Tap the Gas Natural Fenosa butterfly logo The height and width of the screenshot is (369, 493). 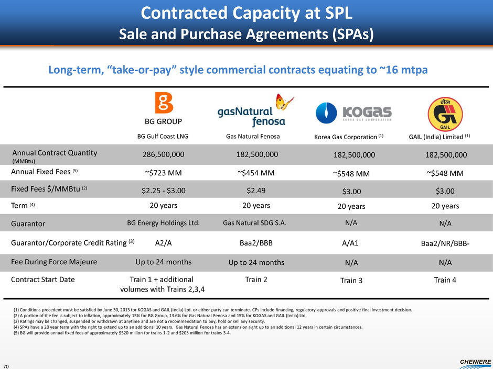pos(256,111)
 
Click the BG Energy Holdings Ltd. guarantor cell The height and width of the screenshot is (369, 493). pos(163,222)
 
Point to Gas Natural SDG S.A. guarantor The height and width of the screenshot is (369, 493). pos(254,222)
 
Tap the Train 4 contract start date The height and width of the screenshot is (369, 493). pos(445,280)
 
